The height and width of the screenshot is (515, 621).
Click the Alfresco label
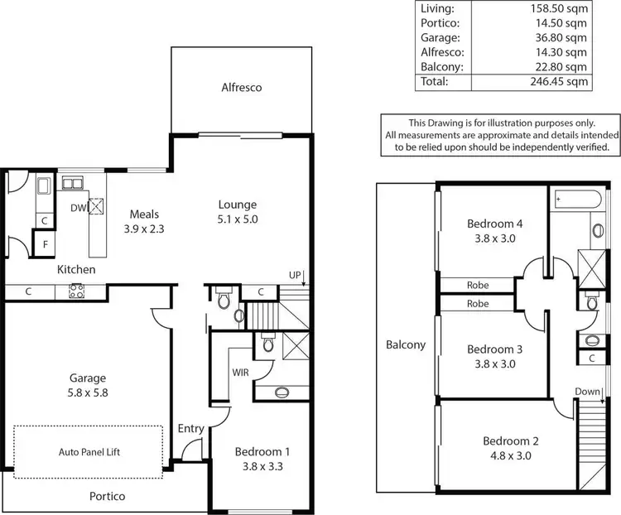click(242, 87)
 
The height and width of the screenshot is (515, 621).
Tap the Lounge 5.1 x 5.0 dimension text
click(237, 220)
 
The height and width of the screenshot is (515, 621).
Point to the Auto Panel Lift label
click(90, 453)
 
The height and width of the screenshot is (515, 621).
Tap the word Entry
click(190, 428)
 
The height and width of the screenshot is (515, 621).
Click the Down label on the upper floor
click(587, 392)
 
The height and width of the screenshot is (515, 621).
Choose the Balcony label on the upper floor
click(406, 344)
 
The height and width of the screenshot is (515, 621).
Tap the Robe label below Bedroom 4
click(478, 285)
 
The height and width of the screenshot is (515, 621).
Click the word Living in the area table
click(436, 8)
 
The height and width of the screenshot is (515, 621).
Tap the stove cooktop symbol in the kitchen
click(77, 291)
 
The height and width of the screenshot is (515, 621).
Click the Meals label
click(144, 214)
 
